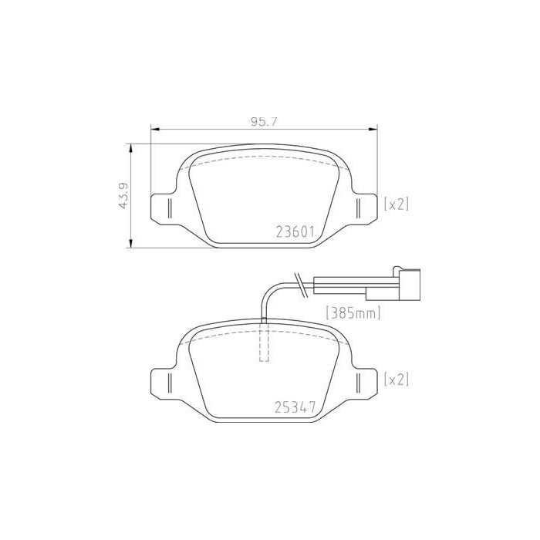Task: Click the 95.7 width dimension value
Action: point(264,122)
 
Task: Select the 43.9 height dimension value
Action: point(123,195)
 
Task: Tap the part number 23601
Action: point(295,232)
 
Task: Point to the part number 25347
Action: point(295,408)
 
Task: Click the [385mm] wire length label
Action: point(353,312)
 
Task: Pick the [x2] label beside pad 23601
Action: point(397,204)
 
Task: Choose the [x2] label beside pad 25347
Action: point(397,380)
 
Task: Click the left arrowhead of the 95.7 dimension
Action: point(155,130)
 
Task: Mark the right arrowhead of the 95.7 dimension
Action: point(373,130)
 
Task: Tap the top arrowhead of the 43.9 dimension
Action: point(130,148)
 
